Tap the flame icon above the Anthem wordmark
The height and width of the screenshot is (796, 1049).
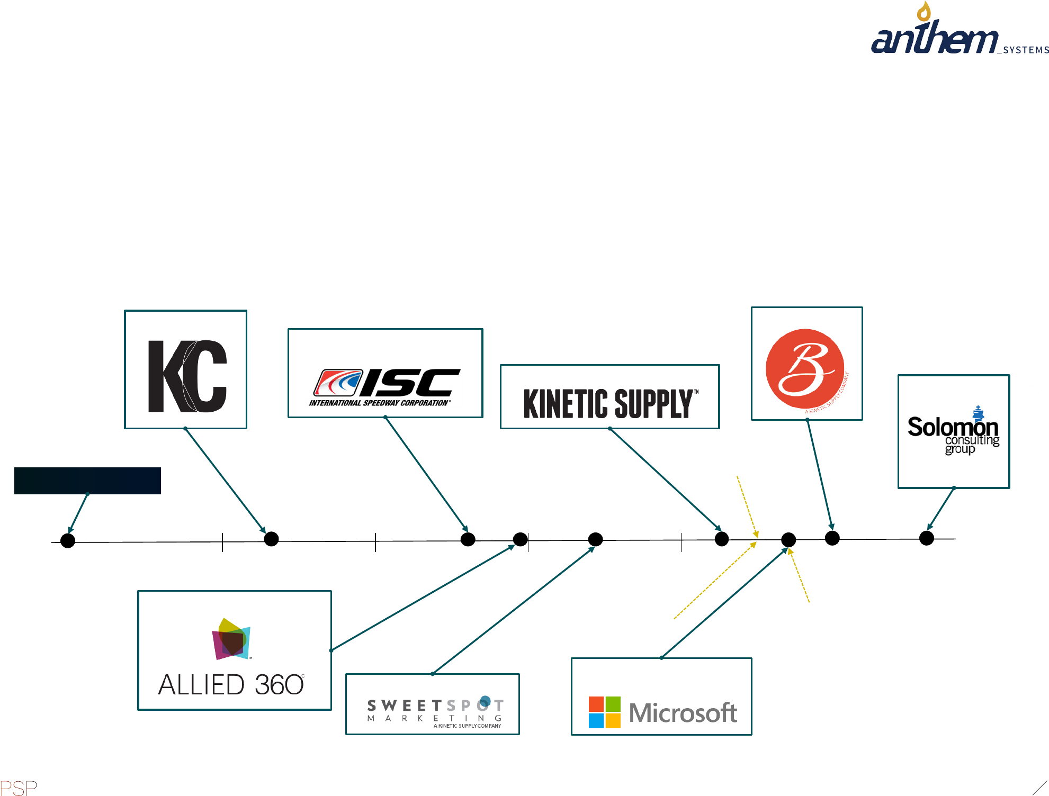(x=924, y=11)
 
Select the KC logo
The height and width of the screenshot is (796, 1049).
(x=187, y=376)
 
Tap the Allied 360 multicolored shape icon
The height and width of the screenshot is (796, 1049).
(x=231, y=639)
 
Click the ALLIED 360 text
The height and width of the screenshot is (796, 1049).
(x=231, y=685)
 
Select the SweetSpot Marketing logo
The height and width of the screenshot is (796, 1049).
(x=435, y=711)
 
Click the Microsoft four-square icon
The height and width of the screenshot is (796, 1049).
(x=604, y=712)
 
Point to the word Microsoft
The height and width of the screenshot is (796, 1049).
(x=683, y=713)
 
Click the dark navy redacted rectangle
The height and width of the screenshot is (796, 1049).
(x=87, y=481)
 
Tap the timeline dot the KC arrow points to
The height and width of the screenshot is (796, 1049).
(x=271, y=539)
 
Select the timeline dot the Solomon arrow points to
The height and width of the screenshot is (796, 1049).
(x=927, y=538)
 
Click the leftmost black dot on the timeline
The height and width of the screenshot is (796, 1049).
(x=68, y=541)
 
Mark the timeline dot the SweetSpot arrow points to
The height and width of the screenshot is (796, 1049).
(x=596, y=539)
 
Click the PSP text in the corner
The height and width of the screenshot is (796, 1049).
(x=19, y=788)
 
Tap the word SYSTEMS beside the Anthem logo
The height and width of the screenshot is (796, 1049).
(x=1026, y=50)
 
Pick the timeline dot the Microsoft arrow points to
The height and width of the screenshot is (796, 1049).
(x=788, y=540)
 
